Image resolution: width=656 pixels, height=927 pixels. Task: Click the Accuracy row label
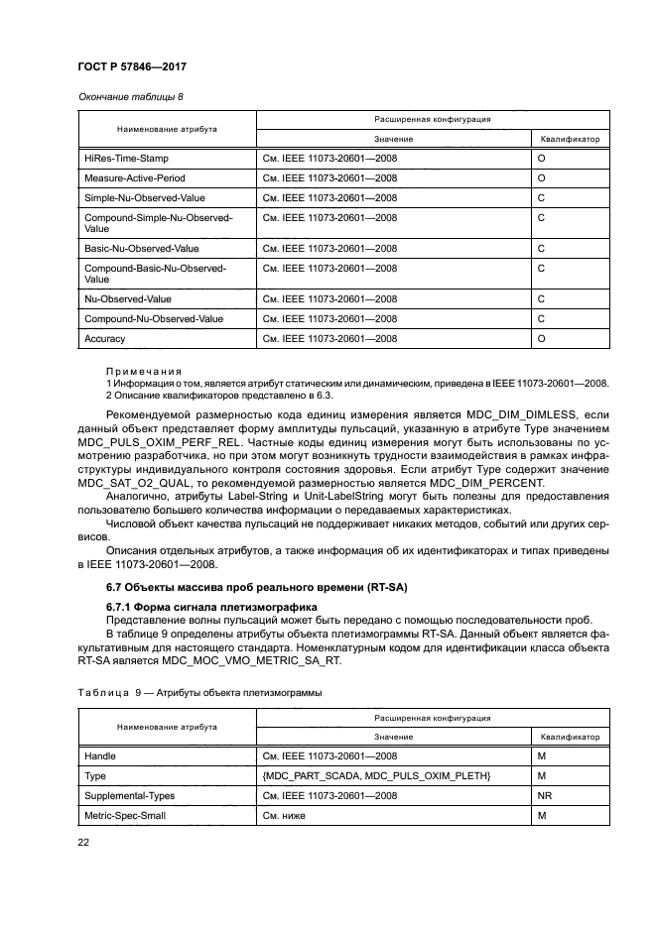(105, 339)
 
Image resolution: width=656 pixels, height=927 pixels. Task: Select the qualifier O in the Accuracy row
(541, 339)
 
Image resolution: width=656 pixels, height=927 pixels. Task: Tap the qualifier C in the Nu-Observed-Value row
(541, 298)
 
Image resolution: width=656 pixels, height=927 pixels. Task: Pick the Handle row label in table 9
(100, 756)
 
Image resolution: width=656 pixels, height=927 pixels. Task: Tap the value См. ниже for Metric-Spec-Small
(285, 816)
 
